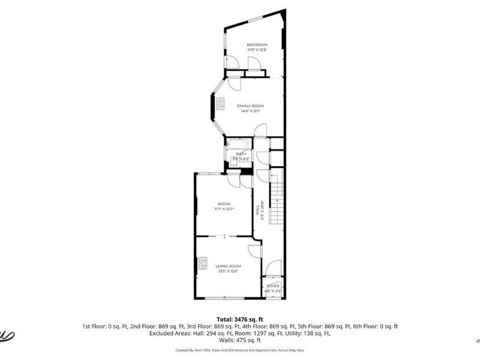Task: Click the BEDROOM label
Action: click(x=257, y=45)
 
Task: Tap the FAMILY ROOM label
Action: click(x=250, y=106)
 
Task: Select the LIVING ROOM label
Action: click(x=228, y=266)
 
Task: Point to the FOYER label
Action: click(x=274, y=286)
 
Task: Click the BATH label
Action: click(x=241, y=154)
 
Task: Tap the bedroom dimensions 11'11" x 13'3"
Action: click(x=257, y=50)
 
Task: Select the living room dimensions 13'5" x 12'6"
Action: click(x=228, y=271)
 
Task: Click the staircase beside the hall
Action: click(x=276, y=201)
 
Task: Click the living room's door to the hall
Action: click(x=254, y=251)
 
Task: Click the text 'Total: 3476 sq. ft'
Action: click(x=240, y=319)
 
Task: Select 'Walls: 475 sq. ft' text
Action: click(x=240, y=340)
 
